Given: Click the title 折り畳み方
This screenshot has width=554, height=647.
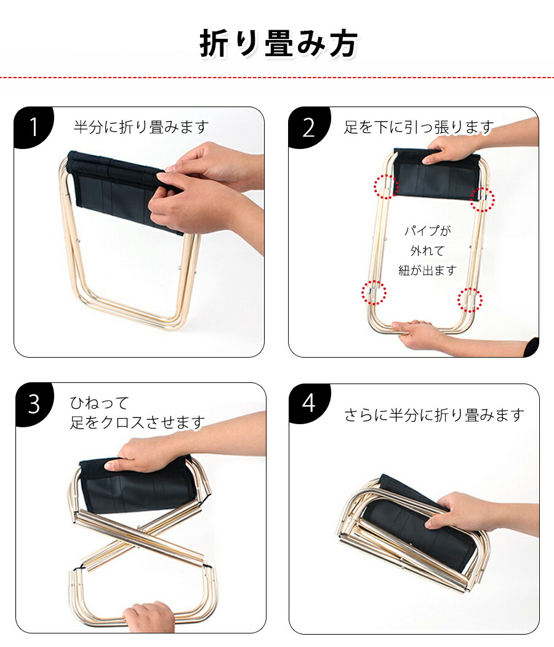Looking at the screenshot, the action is click(279, 44).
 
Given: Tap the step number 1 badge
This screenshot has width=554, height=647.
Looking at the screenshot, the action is click(33, 127).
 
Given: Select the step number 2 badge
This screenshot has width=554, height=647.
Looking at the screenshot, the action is click(308, 127).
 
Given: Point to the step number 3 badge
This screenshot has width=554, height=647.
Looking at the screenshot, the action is click(34, 404).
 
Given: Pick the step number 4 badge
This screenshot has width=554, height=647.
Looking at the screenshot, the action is click(309, 403).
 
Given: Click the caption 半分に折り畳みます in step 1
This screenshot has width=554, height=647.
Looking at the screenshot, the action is click(142, 127).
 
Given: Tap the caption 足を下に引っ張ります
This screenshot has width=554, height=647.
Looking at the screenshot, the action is click(419, 127).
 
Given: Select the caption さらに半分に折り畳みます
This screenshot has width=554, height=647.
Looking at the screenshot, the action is click(435, 415).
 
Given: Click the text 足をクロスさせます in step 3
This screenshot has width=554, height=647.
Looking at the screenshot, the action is click(137, 422).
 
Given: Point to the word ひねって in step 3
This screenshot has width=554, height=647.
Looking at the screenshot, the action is click(100, 403).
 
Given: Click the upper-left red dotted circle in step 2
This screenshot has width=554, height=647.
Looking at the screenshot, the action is click(386, 187).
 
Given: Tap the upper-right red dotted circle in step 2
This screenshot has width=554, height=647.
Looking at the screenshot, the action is click(483, 199).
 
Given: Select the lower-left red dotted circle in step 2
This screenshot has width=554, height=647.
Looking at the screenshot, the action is click(374, 292).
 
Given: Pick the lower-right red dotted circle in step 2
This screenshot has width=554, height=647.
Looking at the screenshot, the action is click(470, 300).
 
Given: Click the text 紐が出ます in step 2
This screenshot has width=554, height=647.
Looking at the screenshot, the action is click(427, 270).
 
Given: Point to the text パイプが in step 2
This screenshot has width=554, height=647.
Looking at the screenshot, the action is click(428, 231).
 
